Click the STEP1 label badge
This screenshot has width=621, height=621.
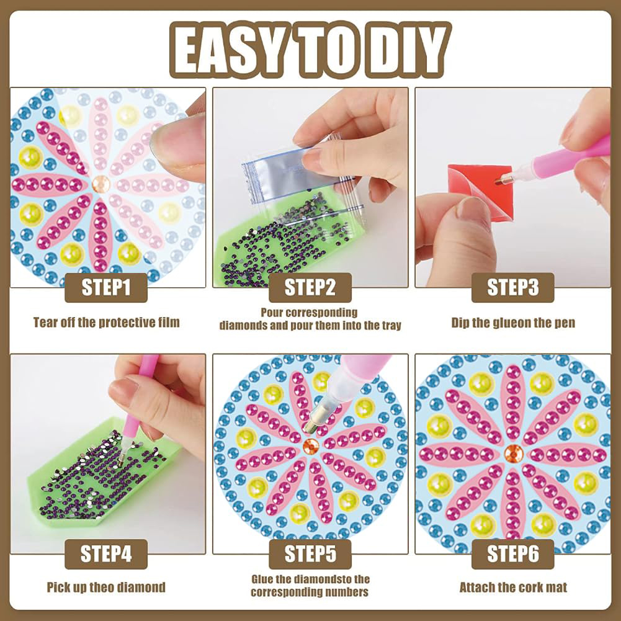click(105, 287)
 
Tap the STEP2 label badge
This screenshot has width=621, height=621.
click(310, 287)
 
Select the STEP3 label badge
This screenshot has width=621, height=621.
click(512, 287)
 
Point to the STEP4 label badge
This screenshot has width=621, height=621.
click(105, 553)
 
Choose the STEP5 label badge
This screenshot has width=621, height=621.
click(310, 553)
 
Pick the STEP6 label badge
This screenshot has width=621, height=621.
click(512, 553)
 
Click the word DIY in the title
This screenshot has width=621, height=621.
click(408, 51)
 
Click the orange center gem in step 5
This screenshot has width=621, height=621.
click(311, 447)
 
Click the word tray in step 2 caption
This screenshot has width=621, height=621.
click(391, 326)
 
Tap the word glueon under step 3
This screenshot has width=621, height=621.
click(511, 323)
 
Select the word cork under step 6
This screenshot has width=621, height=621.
click(529, 587)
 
